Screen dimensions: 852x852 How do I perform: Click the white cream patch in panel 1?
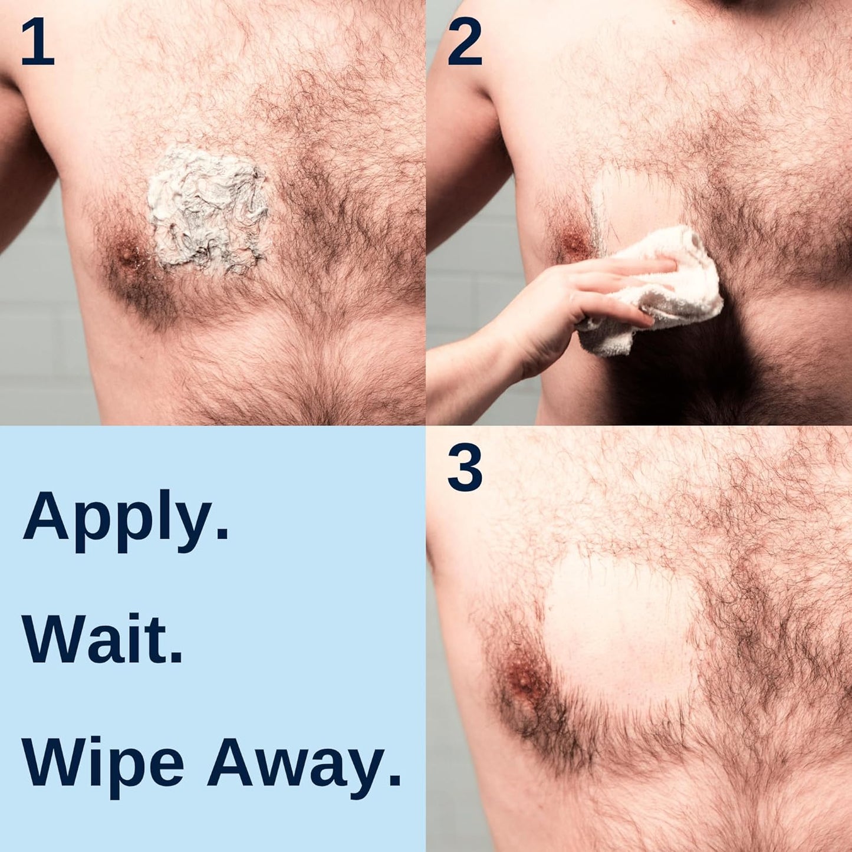206,209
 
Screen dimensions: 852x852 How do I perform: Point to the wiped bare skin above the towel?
631,200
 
